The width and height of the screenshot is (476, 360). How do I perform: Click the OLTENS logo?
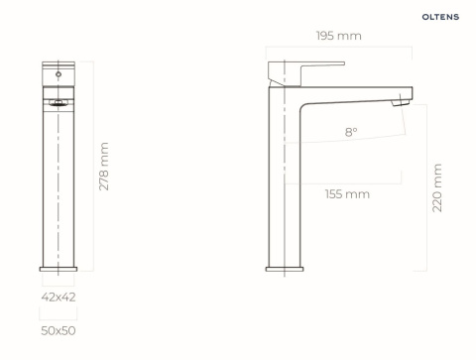(x=440, y=17)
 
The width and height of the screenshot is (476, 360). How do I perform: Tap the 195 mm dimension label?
(x=339, y=36)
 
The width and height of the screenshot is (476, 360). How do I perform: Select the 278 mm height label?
(x=104, y=167)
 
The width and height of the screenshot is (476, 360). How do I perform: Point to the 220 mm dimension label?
(x=437, y=187)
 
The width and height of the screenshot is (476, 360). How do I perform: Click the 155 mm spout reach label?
(x=347, y=194)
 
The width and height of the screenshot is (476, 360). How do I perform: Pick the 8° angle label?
(x=351, y=132)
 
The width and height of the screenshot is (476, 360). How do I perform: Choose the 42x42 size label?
(x=59, y=297)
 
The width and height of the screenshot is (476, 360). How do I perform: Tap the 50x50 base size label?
(x=59, y=330)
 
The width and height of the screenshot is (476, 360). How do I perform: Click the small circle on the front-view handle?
(x=59, y=74)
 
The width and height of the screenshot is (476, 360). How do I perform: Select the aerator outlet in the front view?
(x=59, y=103)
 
